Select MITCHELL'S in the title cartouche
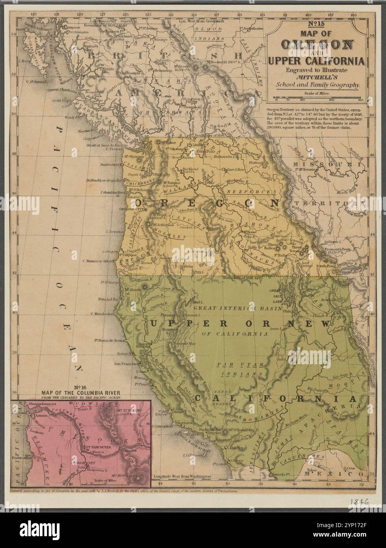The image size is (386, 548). (x=317, y=77)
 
